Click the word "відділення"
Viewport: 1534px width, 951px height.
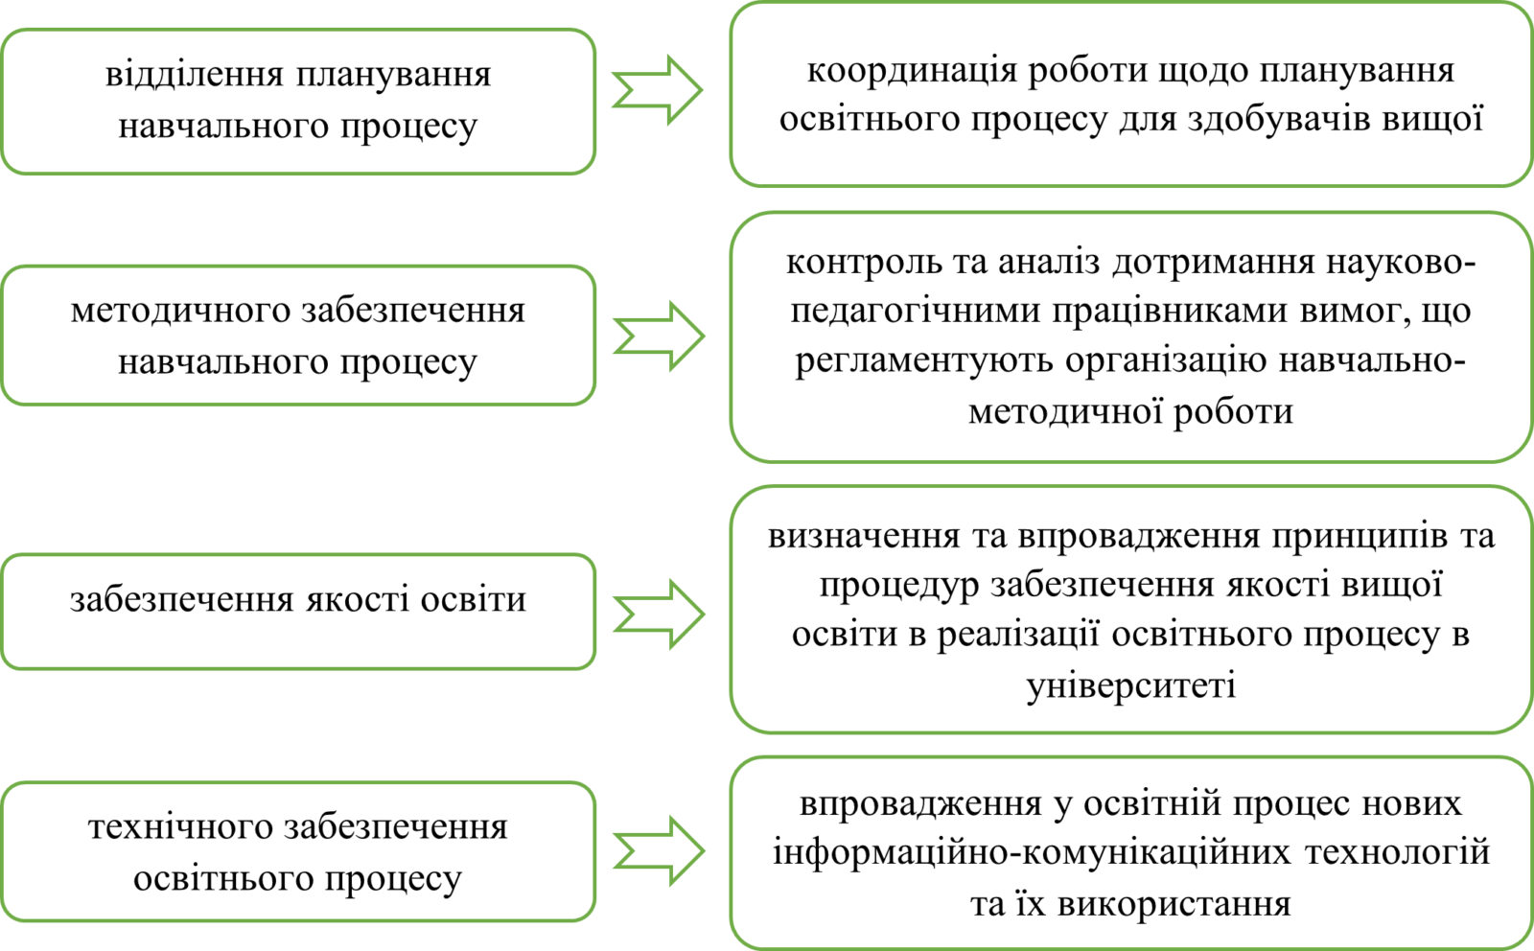[x=194, y=74]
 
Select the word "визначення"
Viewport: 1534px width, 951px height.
[x=864, y=537]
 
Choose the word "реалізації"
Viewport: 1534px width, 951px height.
[x=1018, y=636]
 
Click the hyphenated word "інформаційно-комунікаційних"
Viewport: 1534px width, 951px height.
[x=1032, y=854]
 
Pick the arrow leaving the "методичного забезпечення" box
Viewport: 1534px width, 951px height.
[x=659, y=336]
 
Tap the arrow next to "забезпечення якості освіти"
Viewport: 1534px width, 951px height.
[x=659, y=615]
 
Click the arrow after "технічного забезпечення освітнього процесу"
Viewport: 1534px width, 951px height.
[x=659, y=850]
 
